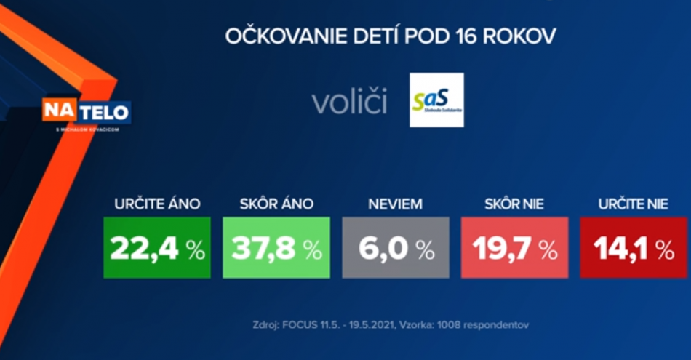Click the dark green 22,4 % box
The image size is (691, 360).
pyautogui.click(x=157, y=247)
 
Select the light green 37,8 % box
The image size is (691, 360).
pyautogui.click(x=276, y=247)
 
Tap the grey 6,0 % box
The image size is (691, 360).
pyautogui.click(x=396, y=247)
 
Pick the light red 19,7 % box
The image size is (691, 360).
pyautogui.click(x=515, y=247)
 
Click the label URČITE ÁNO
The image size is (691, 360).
pyautogui.click(x=157, y=204)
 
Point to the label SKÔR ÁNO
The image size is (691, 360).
pyautogui.click(x=276, y=204)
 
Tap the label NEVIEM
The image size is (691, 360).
pyautogui.click(x=396, y=204)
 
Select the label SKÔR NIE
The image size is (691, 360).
pyautogui.click(x=515, y=204)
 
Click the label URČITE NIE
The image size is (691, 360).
pyautogui.click(x=633, y=204)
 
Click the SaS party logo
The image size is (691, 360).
pyautogui.click(x=436, y=100)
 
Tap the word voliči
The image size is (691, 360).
pyautogui.click(x=349, y=103)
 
